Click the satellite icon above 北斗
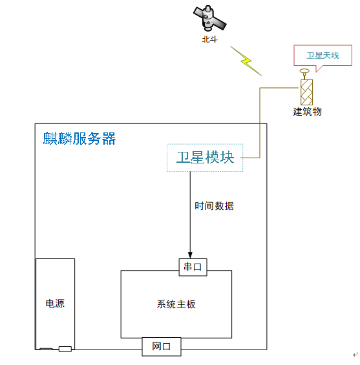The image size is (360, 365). pos(209,18)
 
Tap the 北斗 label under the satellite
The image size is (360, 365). pos(209,39)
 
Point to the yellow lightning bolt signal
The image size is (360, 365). pos(246,61)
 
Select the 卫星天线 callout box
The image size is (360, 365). pos(323,56)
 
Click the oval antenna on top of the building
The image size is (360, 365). pos(304,71)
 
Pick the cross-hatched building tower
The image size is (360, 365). pos(306,92)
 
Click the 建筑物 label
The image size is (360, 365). pos(308,112)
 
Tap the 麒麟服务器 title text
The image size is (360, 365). pos(79,138)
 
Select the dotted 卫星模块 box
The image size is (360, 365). pos(205,158)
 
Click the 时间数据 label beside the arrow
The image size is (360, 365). pos(214,206)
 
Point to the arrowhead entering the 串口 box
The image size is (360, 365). pos(190,255)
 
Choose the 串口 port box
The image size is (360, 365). pos(193,267)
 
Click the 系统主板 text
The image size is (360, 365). pos(176,304)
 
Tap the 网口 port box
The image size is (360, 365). pos(162,347)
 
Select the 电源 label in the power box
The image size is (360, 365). pos(55,304)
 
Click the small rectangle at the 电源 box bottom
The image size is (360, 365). pos(65,349)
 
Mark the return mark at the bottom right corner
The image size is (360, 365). pos(355,355)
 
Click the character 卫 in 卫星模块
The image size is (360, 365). pos(183,157)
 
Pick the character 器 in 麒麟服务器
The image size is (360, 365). pos(109,138)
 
